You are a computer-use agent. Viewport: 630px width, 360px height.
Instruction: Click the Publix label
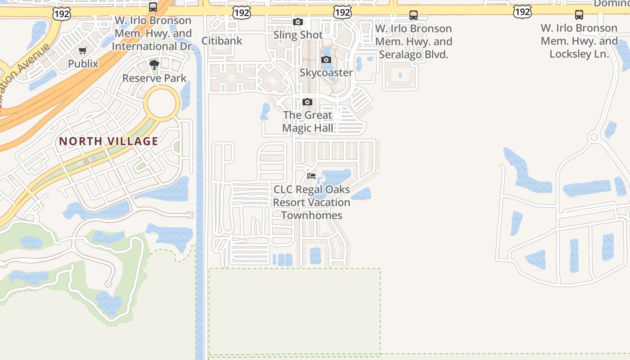pyautogui.click(x=83, y=64)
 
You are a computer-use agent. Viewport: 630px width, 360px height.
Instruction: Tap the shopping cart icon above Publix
pyautogui.click(x=82, y=51)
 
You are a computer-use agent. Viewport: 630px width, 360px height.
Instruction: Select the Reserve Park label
pyautogui.click(x=154, y=78)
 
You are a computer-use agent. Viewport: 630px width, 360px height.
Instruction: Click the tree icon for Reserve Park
pyautogui.click(x=154, y=65)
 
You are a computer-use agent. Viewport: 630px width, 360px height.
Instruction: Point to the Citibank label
pyautogui.click(x=222, y=41)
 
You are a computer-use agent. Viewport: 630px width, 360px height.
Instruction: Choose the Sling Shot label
pyautogui.click(x=298, y=35)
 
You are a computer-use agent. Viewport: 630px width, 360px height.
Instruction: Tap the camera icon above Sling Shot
pyautogui.click(x=297, y=22)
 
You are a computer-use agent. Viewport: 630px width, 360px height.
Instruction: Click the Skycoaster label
pyautogui.click(x=326, y=73)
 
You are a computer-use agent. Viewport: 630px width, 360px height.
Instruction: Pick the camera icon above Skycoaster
pyautogui.click(x=326, y=60)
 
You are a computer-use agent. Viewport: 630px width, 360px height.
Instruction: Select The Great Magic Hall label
pyautogui.click(x=308, y=121)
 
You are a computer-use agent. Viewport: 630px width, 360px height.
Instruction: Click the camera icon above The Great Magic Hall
pyautogui.click(x=307, y=102)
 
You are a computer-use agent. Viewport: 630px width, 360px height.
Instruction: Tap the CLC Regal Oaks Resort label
pyautogui.click(x=311, y=202)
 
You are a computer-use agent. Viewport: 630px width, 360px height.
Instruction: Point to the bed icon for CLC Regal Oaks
pyautogui.click(x=311, y=176)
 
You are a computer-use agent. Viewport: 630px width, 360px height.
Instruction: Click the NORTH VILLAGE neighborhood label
pyautogui.click(x=108, y=141)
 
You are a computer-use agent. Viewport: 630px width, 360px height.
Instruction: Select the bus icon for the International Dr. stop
pyautogui.click(x=153, y=7)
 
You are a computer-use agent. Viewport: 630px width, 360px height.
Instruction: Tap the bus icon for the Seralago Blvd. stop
pyautogui.click(x=414, y=15)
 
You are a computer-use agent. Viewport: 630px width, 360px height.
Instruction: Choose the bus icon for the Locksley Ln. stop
pyautogui.click(x=579, y=15)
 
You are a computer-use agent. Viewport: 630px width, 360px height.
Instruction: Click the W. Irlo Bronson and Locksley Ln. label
pyautogui.click(x=579, y=41)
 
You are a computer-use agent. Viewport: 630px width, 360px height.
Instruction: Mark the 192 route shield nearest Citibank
pyautogui.click(x=242, y=13)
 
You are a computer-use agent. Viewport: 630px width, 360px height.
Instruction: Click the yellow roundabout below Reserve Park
pyautogui.click(x=162, y=103)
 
